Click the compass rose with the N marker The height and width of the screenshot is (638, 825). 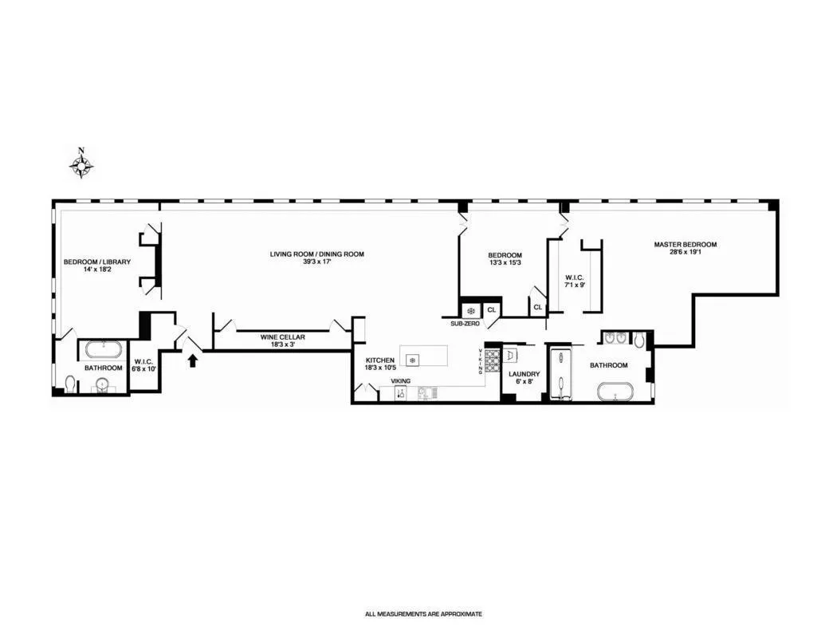[81, 164]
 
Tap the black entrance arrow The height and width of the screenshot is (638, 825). [191, 360]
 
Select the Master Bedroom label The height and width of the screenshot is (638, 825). [685, 245]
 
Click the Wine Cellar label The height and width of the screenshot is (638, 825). [283, 337]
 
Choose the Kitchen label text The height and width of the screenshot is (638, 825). [379, 360]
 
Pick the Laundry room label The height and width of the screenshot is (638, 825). [524, 374]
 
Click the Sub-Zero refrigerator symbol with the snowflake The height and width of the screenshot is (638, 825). [470, 309]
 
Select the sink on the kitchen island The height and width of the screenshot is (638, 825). [412, 360]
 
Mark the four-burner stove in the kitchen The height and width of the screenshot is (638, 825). [493, 360]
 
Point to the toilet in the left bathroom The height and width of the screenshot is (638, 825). [71, 384]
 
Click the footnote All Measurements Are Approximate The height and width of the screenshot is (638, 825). [423, 614]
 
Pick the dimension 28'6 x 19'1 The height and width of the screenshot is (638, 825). [685, 253]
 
